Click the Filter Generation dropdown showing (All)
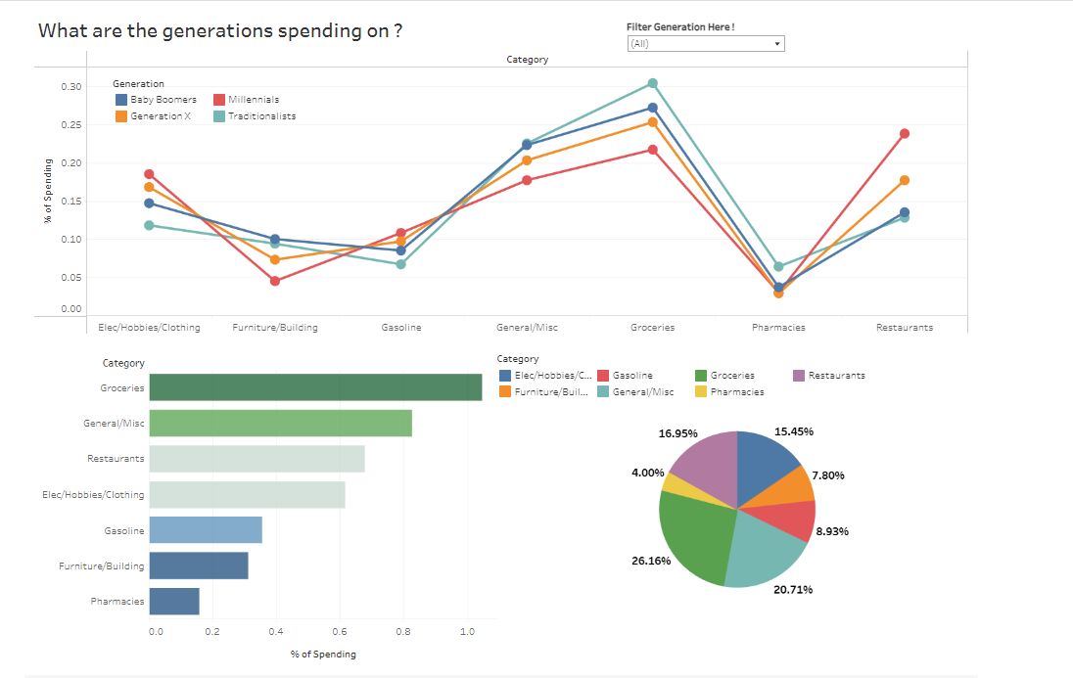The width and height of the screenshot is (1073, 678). click(705, 43)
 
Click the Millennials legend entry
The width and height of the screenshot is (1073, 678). click(253, 100)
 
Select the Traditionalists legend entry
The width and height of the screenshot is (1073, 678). click(261, 116)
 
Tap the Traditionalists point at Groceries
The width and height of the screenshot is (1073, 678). click(653, 83)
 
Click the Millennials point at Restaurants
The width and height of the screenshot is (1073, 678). click(905, 133)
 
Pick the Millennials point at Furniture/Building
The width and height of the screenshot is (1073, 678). click(275, 281)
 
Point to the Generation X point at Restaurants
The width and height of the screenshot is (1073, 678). click(905, 180)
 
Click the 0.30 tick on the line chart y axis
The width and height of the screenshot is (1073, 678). click(70, 87)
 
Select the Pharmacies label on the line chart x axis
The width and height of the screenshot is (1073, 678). click(778, 327)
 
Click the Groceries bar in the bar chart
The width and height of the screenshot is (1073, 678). click(315, 387)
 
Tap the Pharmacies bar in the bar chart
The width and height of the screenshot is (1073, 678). click(174, 602)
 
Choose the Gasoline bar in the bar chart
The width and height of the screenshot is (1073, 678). click(206, 530)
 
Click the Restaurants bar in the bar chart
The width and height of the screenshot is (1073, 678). click(257, 459)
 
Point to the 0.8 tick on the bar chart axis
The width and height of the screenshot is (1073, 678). click(403, 632)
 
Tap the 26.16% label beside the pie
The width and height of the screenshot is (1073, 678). click(652, 561)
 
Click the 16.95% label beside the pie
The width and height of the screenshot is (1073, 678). click(678, 432)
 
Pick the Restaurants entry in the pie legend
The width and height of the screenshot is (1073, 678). click(836, 375)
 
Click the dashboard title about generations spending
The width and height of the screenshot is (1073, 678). click(220, 30)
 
